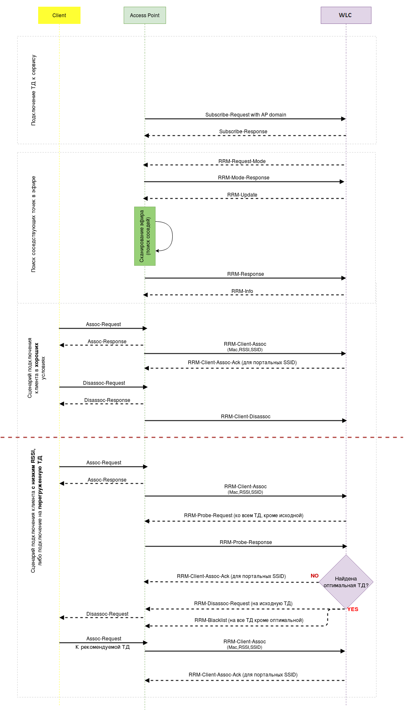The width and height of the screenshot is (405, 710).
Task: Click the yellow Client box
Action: tap(59, 16)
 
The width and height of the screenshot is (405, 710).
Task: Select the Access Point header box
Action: tap(145, 16)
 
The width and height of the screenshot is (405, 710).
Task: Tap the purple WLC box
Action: tap(345, 16)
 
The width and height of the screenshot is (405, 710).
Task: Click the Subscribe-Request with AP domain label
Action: tap(246, 115)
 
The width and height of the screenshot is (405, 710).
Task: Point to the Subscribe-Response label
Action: tap(243, 132)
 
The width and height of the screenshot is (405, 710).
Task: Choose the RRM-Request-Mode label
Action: tap(242, 161)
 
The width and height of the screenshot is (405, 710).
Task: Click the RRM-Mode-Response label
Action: tap(244, 178)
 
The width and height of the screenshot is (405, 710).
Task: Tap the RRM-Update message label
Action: tap(242, 195)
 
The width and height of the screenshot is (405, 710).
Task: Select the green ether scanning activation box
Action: tap(145, 236)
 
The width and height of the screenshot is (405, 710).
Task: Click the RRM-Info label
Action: tap(242, 291)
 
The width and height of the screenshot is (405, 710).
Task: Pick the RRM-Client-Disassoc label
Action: tap(246, 417)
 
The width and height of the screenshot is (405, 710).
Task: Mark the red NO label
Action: tap(314, 576)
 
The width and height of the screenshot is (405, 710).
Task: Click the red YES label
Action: tap(353, 609)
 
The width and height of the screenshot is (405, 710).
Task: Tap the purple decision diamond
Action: tap(346, 582)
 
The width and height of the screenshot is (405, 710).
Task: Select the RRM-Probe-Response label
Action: tap(246, 542)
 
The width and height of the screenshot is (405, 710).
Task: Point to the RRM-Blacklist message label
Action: tap(249, 620)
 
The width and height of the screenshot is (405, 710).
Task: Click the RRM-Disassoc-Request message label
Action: tap(243, 604)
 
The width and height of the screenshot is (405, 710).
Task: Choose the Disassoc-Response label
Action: tap(107, 400)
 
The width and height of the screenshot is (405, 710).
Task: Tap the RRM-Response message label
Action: tap(246, 274)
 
